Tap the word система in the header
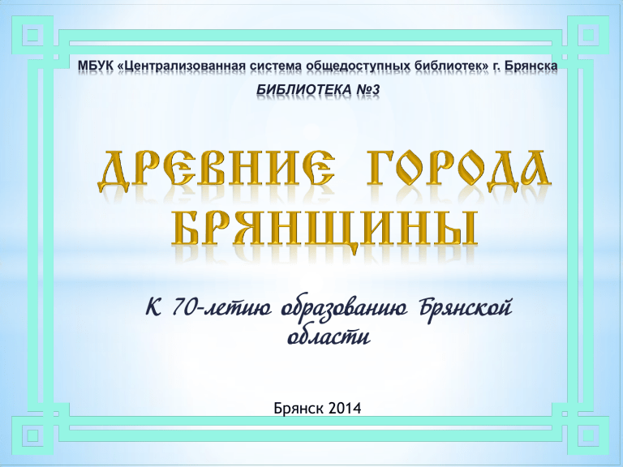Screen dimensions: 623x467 tap(276, 66)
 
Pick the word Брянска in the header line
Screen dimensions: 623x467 tap(531, 66)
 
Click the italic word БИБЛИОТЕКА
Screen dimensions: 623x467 tap(304, 90)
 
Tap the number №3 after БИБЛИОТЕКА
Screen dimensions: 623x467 tap(367, 90)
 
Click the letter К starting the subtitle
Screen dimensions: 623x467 tap(154, 308)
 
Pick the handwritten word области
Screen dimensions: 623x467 tap(329, 336)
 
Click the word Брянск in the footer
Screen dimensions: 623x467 tap(298, 408)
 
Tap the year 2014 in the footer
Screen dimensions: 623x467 tap(345, 408)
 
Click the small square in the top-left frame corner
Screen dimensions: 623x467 tap(32, 36)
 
